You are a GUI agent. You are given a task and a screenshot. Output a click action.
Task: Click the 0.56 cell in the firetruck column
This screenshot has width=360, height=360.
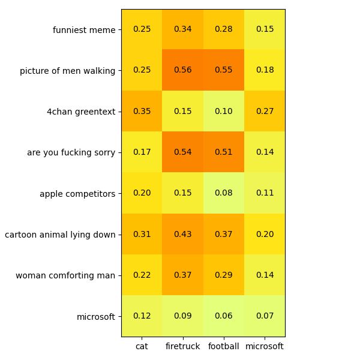(183, 70)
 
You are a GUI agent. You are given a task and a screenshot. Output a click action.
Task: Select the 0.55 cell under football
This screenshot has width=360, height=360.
(224, 70)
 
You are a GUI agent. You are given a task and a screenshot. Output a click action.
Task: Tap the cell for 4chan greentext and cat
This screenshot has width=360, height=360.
(142, 111)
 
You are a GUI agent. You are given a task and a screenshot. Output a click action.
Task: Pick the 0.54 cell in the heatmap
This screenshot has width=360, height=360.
(183, 152)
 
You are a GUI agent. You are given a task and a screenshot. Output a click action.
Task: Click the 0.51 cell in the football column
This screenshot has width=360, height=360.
(224, 152)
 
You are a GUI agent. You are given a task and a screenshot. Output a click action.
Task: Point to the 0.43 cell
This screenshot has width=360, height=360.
(183, 234)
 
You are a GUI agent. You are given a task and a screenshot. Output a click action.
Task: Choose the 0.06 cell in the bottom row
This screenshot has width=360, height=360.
(224, 316)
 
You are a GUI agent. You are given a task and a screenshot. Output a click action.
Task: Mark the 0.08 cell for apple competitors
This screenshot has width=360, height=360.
(224, 193)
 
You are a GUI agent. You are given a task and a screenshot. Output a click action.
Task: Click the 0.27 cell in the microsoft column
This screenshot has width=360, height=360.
(265, 111)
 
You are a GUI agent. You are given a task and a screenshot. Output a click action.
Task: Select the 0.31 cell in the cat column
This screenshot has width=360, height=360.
(142, 234)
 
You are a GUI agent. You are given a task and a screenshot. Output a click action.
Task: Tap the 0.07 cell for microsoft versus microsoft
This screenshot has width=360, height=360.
(265, 316)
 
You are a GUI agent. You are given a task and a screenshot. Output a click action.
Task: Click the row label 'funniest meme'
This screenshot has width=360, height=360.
(84, 29)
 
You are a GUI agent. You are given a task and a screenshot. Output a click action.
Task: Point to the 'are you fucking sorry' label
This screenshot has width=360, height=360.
(71, 152)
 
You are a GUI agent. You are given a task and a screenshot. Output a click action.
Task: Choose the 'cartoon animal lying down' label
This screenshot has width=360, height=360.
(60, 235)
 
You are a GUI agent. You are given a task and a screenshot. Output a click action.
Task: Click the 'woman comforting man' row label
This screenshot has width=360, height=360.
(65, 275)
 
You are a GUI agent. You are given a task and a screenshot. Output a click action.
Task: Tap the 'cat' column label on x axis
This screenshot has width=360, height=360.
(142, 347)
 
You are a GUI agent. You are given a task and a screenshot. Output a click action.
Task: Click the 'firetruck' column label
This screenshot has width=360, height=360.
(183, 347)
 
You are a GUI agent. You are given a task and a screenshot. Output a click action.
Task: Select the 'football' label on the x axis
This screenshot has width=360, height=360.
(224, 347)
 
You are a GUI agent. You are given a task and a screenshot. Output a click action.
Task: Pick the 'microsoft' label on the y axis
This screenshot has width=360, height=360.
(96, 316)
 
